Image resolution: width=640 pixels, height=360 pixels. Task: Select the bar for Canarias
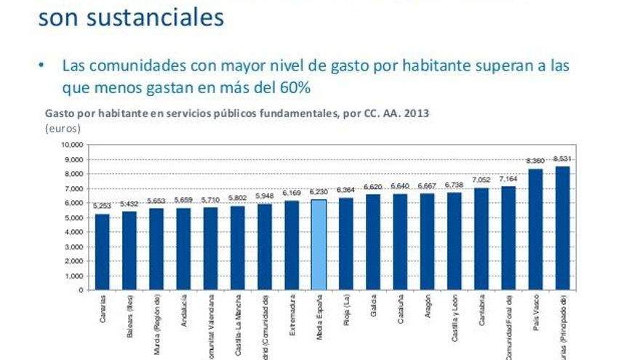103,252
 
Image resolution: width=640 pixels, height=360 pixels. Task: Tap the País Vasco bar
535,229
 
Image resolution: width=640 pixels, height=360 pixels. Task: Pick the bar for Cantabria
481,239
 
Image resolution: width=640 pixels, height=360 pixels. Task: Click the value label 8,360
535,161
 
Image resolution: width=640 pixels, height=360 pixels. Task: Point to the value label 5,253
103,206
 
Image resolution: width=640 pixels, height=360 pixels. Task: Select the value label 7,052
481,180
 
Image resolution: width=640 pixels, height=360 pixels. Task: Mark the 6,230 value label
319,192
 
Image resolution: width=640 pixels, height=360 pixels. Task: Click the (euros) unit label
63,128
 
